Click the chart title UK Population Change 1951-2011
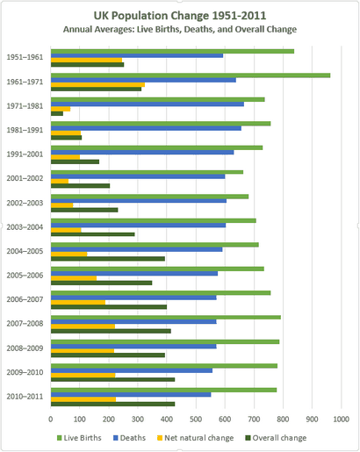pyautogui.click(x=180, y=16)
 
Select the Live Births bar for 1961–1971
pyautogui.click(x=191, y=75)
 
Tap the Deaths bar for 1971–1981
pyautogui.click(x=148, y=104)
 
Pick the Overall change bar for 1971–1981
pyautogui.click(x=57, y=113)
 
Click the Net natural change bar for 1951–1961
pyautogui.click(x=86, y=60)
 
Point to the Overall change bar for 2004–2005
pyautogui.click(x=108, y=259)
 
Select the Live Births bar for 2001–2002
pyautogui.click(x=147, y=172)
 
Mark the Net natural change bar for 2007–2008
pyautogui.click(x=83, y=326)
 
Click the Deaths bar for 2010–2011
pyautogui.click(x=131, y=395)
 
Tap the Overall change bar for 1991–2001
pyautogui.click(x=75, y=161)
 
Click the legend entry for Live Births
pyautogui.click(x=79, y=438)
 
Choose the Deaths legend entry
pyautogui.click(x=129, y=438)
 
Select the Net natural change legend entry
pyautogui.click(x=195, y=438)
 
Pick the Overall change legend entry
pyautogui.click(x=276, y=438)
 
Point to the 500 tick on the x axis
pyautogui.click(x=196, y=420)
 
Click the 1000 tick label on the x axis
pyautogui.click(x=341, y=420)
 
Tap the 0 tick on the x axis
pyautogui.click(x=51, y=420)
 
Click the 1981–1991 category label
pyautogui.click(x=25, y=130)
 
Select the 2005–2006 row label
pyautogui.click(x=25, y=276)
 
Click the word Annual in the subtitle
pyautogui.click(x=74, y=30)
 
